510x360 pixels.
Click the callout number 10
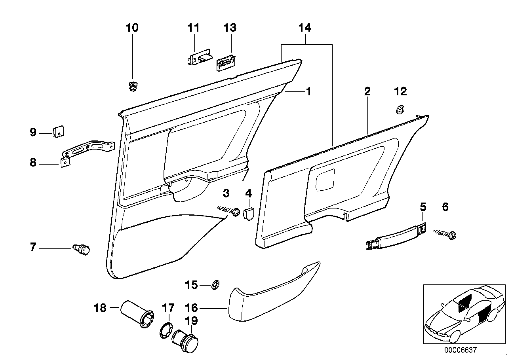[132, 28]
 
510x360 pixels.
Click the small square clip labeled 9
[59, 131]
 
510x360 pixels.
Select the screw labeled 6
[445, 234]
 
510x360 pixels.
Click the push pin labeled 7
[82, 249]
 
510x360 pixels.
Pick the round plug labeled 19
[186, 339]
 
